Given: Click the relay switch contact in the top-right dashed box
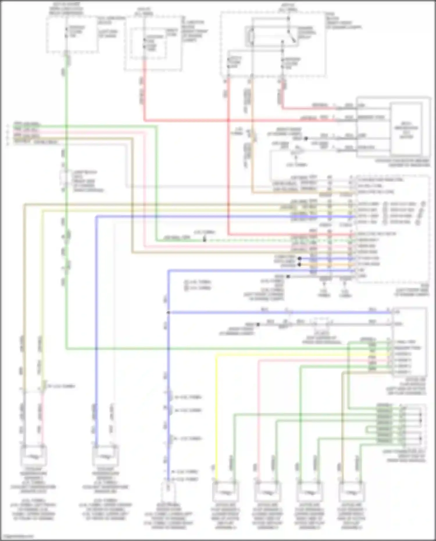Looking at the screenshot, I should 292,36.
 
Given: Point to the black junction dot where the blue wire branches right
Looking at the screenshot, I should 168,313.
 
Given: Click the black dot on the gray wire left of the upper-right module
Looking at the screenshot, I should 306,139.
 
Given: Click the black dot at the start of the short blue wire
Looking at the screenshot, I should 299,258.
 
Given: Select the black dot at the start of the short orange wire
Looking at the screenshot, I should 299,265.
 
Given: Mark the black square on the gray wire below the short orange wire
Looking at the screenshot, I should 288,276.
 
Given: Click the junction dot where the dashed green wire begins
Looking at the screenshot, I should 204,240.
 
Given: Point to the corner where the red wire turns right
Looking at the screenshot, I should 144,120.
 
